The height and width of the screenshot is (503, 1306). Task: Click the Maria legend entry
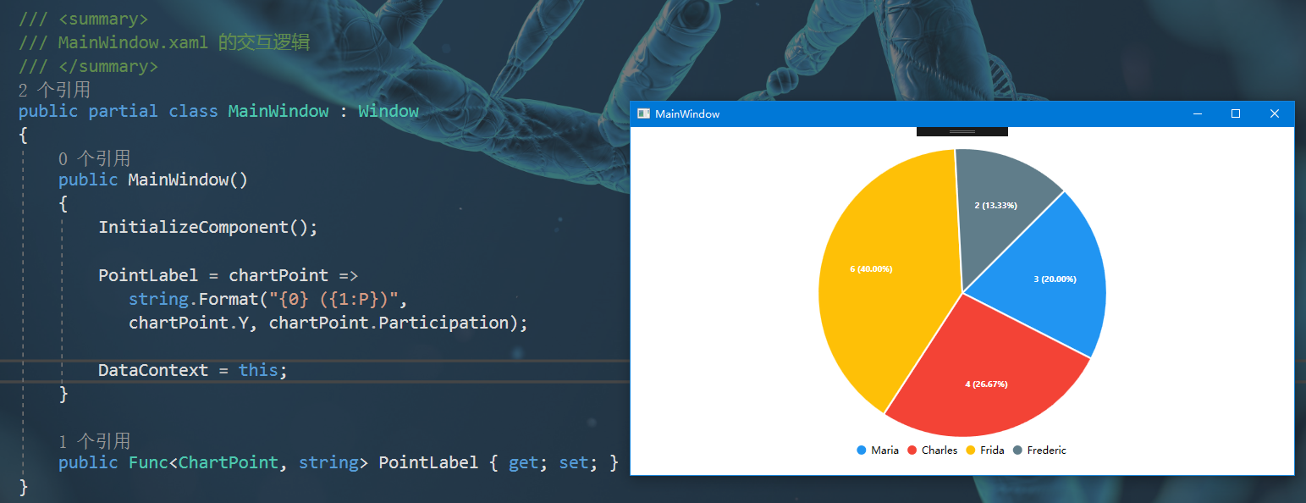click(878, 450)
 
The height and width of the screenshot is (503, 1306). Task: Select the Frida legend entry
click(985, 450)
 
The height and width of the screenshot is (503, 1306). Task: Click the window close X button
click(1275, 113)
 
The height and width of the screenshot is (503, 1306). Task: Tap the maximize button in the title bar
click(1236, 113)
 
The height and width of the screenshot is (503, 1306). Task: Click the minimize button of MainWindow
click(1198, 113)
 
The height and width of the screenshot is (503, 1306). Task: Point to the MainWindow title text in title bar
click(687, 113)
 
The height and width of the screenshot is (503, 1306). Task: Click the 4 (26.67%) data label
click(987, 384)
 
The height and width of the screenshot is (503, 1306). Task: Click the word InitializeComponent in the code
click(193, 227)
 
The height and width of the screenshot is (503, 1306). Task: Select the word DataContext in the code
click(152, 370)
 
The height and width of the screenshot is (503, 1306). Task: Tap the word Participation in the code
click(444, 323)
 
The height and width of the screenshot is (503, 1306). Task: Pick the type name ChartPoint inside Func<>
click(228, 462)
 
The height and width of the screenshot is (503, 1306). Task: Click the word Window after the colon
click(388, 112)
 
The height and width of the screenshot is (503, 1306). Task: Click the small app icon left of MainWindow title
click(643, 113)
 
